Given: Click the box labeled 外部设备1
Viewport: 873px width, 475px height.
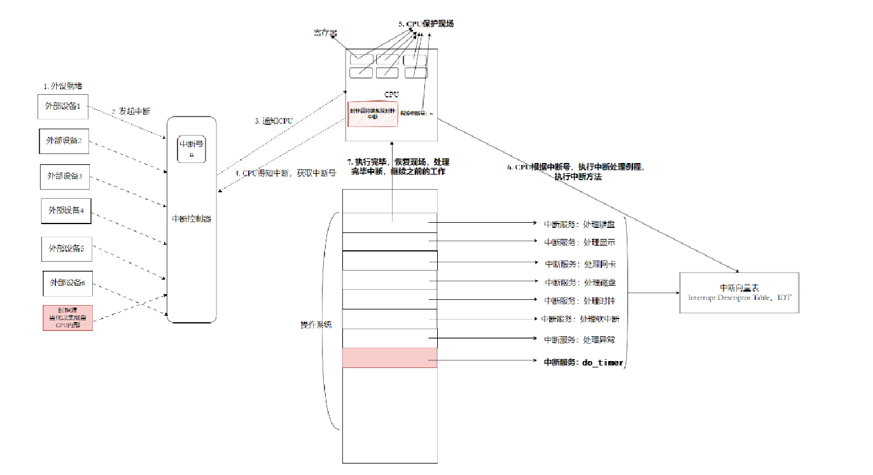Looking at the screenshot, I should pos(62,106).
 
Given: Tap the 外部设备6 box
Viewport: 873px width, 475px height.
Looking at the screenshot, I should pos(67,283).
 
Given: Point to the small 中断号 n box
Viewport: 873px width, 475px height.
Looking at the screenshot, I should pos(192,148).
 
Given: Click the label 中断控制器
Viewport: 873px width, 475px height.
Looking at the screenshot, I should pos(192,219).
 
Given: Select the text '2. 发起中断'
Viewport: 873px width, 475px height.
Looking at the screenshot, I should pos(131,111).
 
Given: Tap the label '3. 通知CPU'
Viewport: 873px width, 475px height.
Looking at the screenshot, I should pos(274,120).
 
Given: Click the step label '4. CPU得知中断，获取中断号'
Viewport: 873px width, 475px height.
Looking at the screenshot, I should pos(285,173).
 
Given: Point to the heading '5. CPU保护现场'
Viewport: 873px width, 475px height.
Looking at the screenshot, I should pos(426,24).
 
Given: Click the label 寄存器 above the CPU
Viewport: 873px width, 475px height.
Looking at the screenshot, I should pos(325,32).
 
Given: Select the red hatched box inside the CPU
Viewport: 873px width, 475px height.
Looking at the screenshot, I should pos(373,113).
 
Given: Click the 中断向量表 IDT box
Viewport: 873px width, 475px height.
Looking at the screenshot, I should pos(738,292).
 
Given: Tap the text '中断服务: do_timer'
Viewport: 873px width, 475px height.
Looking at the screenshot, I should pos(583,362).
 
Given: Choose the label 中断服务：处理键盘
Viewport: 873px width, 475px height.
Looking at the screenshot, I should pos(579,224).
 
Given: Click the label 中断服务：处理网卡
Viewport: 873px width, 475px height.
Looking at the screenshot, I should pos(580,264).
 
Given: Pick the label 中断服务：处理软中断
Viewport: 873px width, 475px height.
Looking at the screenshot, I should pos(580,319).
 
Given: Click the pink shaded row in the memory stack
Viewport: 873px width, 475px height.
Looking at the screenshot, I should pos(389,358).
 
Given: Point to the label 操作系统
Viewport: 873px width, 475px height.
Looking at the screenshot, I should pos(316,324).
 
